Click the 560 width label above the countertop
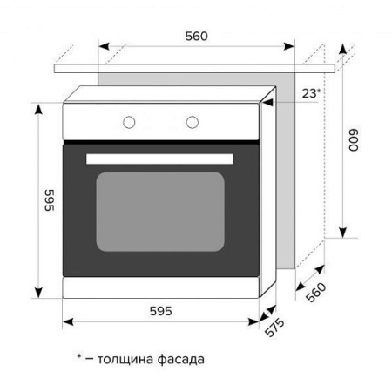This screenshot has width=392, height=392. [x=196, y=37]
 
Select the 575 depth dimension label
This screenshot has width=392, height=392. [x=276, y=329]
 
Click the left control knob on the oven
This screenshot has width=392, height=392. [x=128, y=121]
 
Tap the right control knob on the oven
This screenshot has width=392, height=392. [x=193, y=121]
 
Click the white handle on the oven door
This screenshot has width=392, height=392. [x=160, y=157]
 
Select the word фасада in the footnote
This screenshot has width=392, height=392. [x=181, y=358]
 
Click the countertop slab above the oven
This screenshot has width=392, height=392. [x=196, y=66]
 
